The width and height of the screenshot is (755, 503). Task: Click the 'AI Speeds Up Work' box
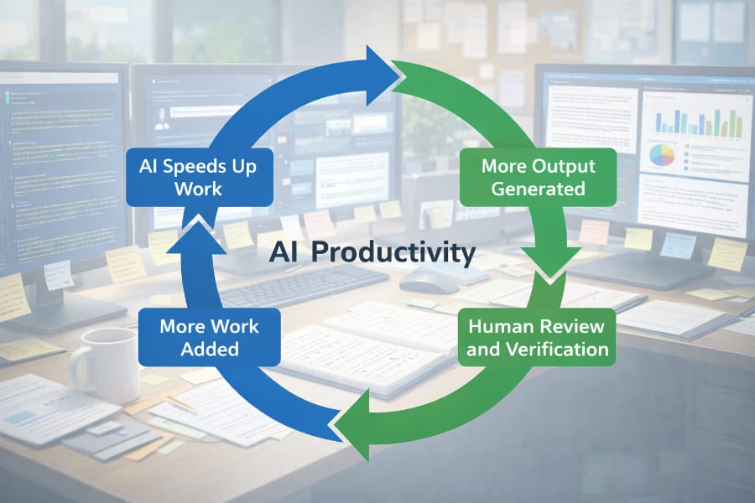coord(198,177)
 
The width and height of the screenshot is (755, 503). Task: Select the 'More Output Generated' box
coord(538,177)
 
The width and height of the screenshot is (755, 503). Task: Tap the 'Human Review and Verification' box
coord(538,336)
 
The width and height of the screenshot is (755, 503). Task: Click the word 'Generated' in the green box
coord(538,189)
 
